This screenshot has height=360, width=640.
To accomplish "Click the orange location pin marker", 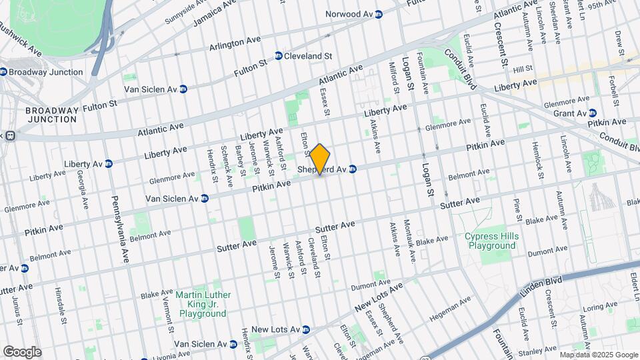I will click(320, 159).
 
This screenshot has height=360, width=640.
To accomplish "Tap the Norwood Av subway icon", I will click(379, 14).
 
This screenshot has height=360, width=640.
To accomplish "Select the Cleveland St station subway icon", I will click(279, 57).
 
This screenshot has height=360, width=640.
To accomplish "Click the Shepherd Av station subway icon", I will click(353, 169).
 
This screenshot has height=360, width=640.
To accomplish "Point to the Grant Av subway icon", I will click(593, 113).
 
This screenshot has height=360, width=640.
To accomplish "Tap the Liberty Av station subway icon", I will click(109, 163).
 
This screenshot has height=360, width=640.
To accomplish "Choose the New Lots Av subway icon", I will click(306, 329).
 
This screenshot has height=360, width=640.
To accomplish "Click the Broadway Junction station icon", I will click(3, 72).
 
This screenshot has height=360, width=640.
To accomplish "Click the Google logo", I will click(21, 351).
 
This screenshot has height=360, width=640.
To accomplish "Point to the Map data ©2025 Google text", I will click(598, 355).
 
